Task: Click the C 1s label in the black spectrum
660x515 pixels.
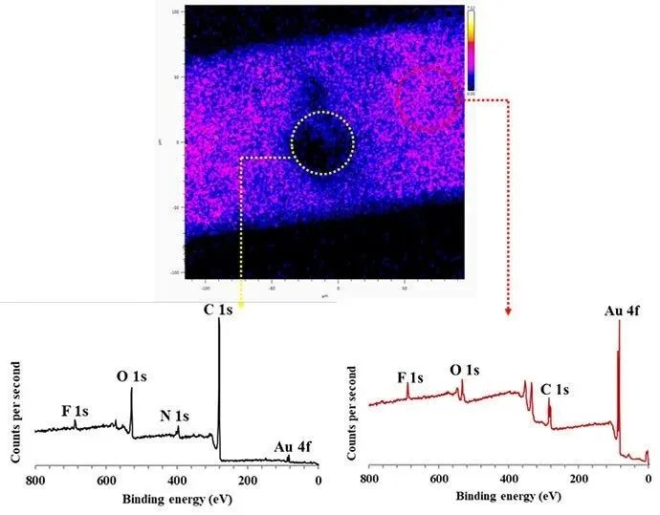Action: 217,311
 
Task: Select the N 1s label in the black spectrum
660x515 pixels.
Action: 174,417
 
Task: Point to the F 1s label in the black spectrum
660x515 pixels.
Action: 76,411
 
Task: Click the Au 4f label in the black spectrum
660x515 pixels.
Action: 291,446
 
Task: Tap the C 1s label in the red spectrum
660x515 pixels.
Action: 556,390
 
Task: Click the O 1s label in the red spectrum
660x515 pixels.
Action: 465,370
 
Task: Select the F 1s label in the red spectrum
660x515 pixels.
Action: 410,377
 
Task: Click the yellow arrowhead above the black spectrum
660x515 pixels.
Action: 241,304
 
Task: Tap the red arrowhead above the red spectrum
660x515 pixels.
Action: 508,311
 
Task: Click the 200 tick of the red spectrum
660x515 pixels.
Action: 579,481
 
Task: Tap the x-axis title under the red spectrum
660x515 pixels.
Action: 507,497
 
